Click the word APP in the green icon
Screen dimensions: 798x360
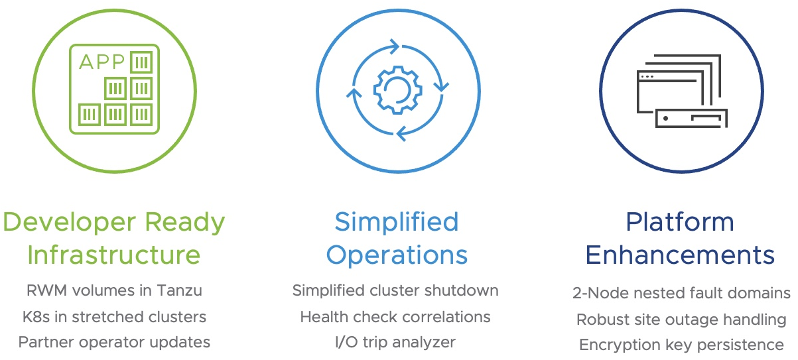(101, 62)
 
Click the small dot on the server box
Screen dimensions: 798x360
(665, 118)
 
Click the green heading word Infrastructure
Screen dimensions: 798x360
(114, 255)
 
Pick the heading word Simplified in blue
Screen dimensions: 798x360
(397, 223)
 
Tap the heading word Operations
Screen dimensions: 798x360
(397, 256)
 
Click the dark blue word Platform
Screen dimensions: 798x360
(680, 222)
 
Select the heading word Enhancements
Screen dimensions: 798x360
(680, 255)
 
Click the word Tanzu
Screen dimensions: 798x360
(179, 290)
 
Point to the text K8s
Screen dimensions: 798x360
(36, 317)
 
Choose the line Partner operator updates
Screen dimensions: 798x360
(114, 343)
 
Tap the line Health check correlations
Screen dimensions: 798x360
(395, 317)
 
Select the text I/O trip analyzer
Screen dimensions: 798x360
(395, 343)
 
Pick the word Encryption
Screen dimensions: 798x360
(620, 345)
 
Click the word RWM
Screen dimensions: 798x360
(46, 290)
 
